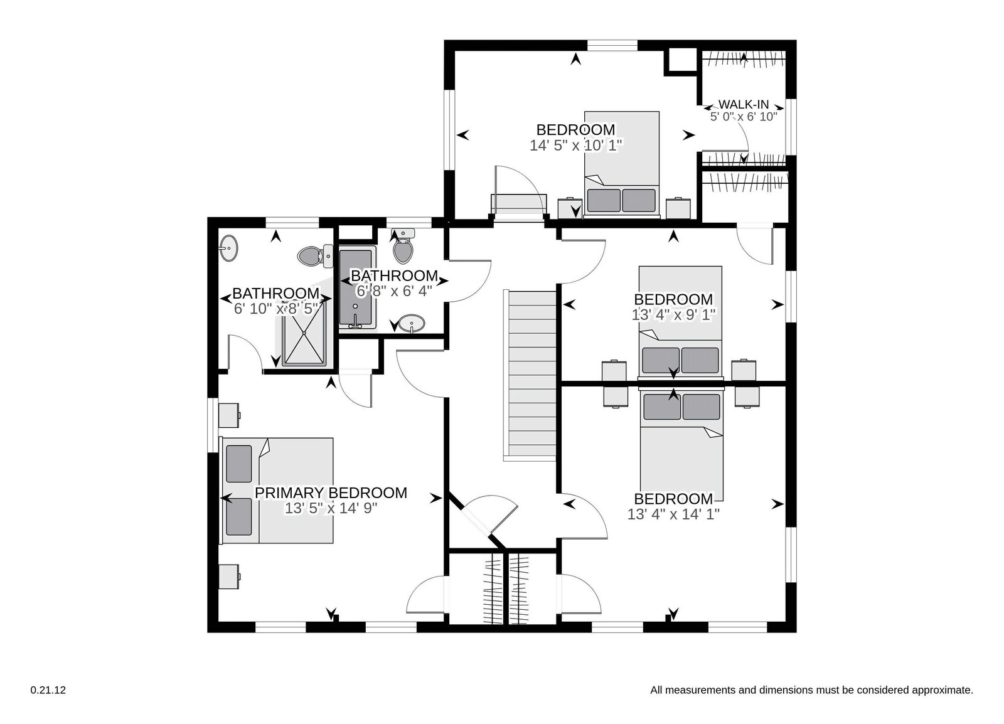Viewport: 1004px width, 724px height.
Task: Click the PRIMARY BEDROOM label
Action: pyautogui.click(x=331, y=493)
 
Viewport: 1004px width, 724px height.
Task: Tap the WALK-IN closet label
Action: pyautogui.click(x=744, y=104)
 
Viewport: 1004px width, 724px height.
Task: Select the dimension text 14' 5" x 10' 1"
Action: pyautogui.click(x=576, y=145)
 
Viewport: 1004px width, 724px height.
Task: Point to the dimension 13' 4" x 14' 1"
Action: pyautogui.click(x=673, y=514)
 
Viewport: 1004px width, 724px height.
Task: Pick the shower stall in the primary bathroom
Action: pyautogui.click(x=304, y=333)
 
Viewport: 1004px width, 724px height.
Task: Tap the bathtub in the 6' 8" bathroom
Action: pyautogui.click(x=356, y=289)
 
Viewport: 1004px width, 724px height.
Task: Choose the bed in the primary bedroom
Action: pyautogui.click(x=278, y=491)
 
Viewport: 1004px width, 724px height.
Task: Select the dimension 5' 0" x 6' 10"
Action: pyautogui.click(x=744, y=117)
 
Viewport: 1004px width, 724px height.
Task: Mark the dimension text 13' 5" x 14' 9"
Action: pyautogui.click(x=331, y=508)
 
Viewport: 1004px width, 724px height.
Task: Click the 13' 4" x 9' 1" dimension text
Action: pyautogui.click(x=673, y=314)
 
